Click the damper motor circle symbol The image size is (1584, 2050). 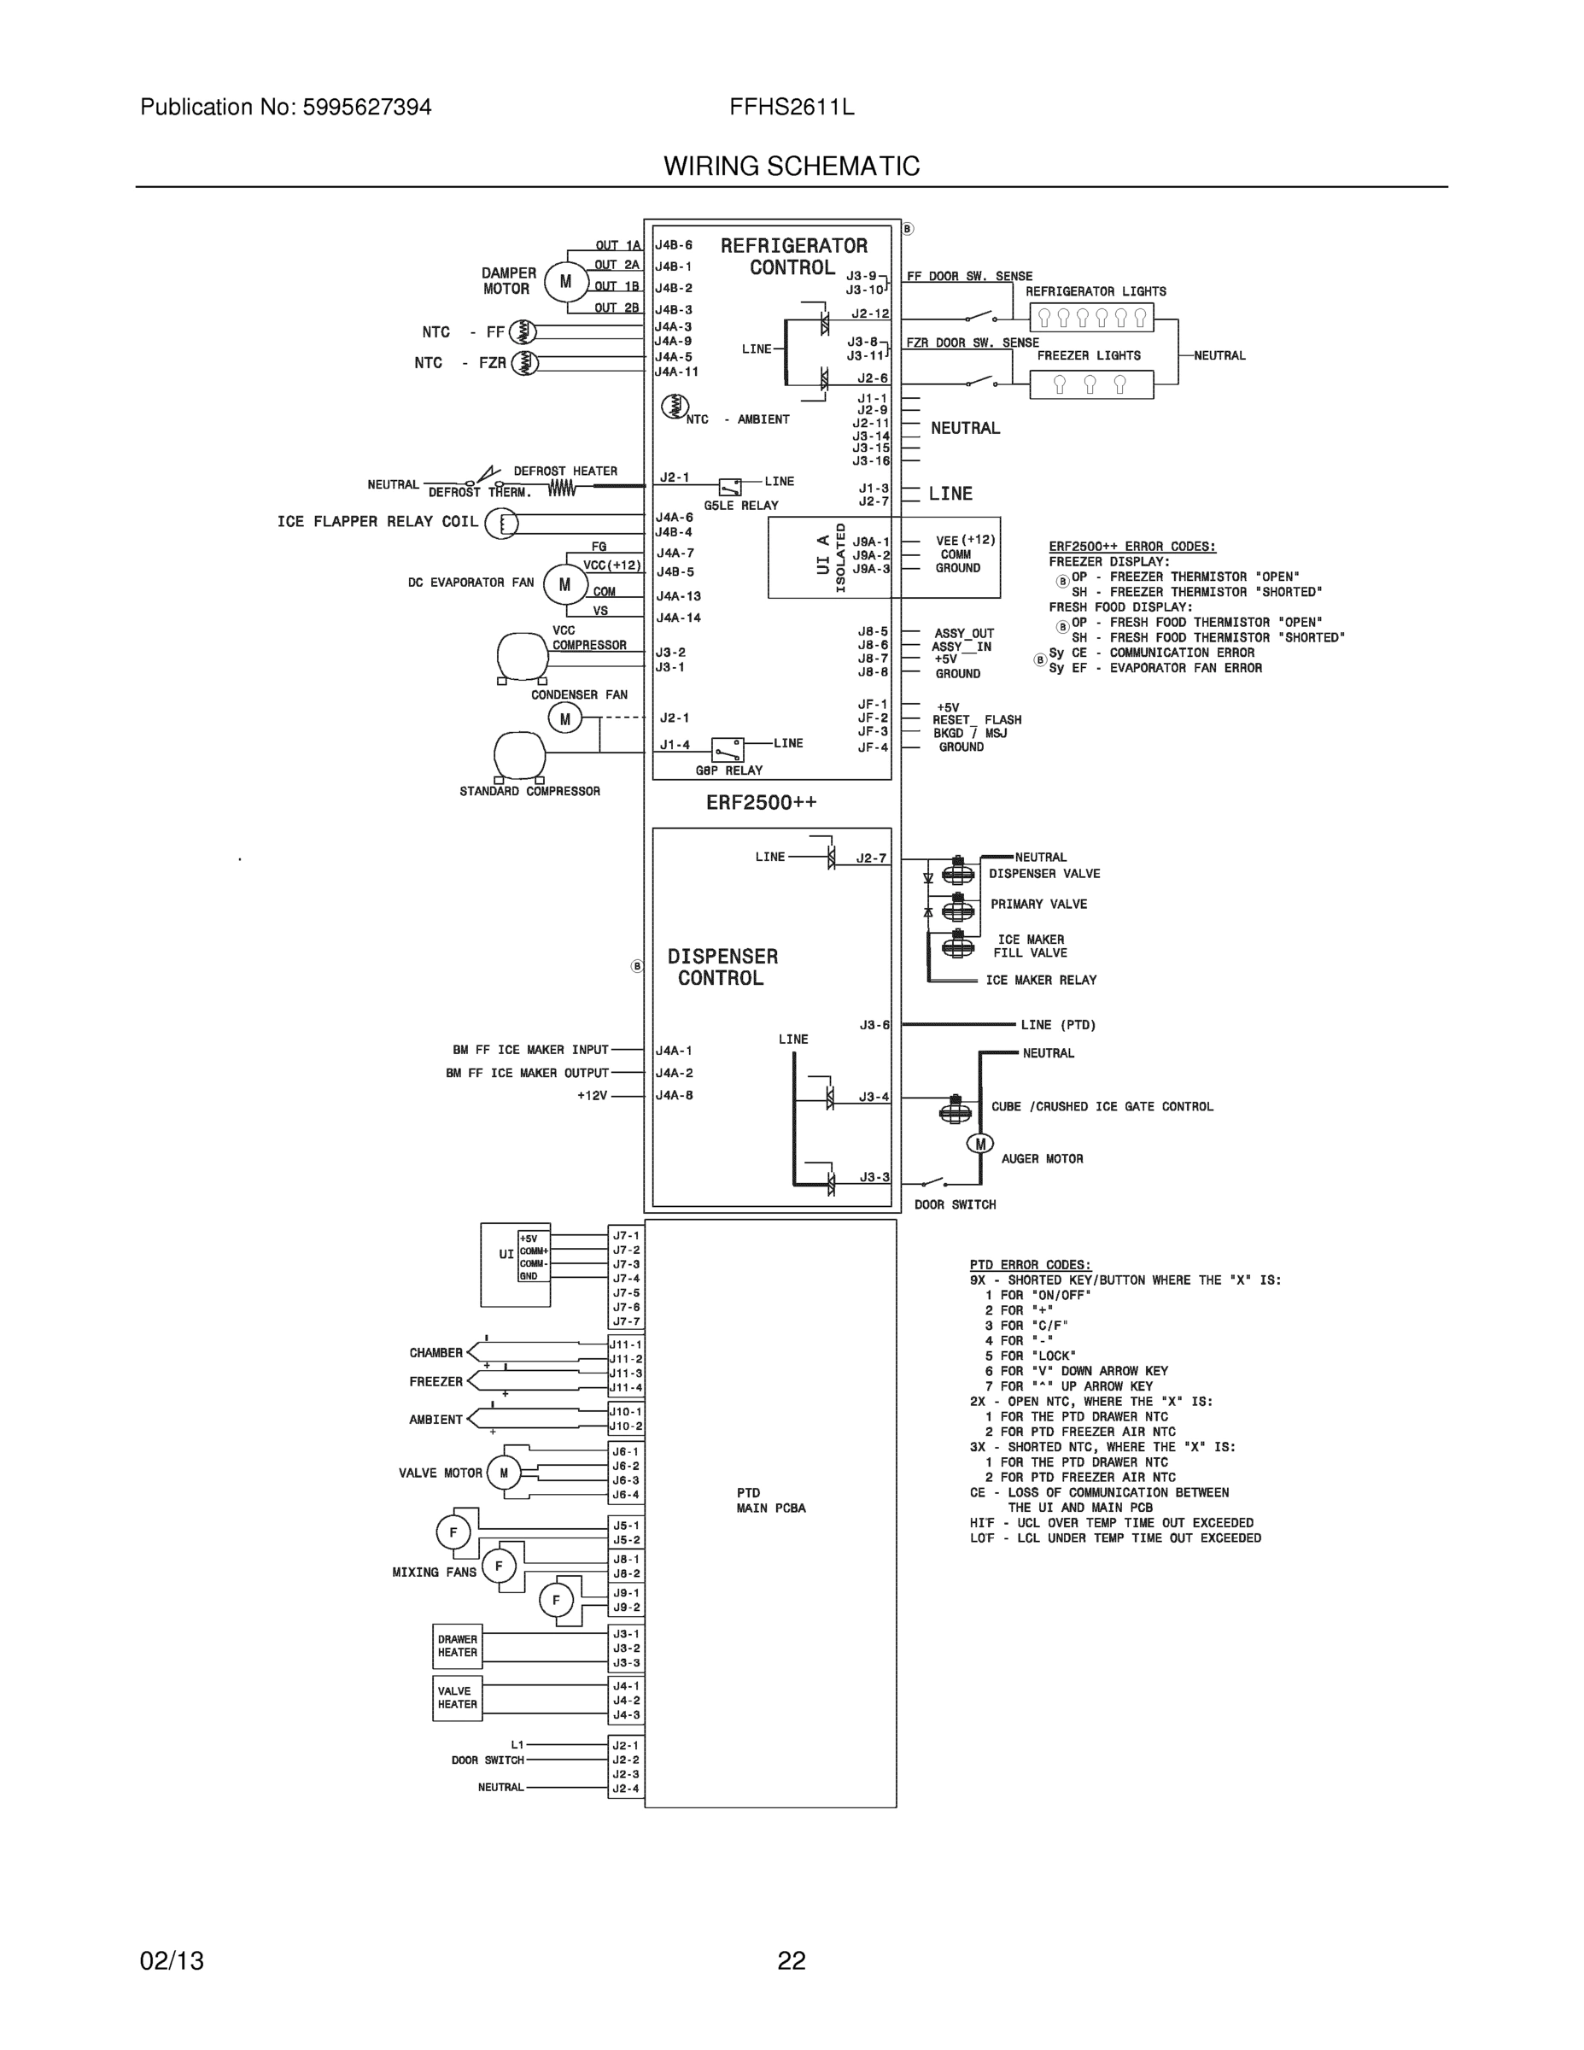point(565,282)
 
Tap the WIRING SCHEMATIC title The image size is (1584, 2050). point(791,167)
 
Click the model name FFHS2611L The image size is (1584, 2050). point(791,107)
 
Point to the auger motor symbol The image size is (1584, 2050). point(979,1143)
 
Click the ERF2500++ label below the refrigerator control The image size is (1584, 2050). point(761,803)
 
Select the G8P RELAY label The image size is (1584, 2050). point(729,770)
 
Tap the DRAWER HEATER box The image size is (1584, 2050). point(457,1646)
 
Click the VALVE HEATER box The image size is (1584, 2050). point(457,1698)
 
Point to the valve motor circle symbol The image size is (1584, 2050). point(504,1473)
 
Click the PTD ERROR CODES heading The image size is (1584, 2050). point(1031,1264)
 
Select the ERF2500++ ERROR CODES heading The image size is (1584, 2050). point(1131,547)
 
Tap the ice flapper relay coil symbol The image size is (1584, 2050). point(502,523)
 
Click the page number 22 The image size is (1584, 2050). point(791,1961)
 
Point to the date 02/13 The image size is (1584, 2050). point(172,1961)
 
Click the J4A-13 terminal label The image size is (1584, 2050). point(677,596)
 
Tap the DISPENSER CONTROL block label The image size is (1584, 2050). point(722,967)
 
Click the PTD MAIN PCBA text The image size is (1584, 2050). point(769,1500)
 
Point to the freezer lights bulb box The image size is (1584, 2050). point(1090,384)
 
